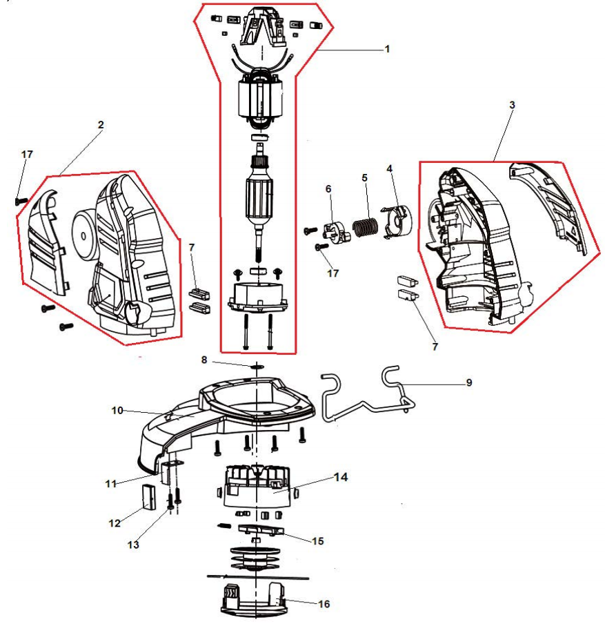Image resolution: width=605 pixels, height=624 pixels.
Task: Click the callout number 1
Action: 387,49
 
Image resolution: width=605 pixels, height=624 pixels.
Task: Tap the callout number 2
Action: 101,125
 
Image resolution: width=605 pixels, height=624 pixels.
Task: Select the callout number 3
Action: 512,104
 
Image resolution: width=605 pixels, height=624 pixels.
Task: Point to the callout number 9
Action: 469,382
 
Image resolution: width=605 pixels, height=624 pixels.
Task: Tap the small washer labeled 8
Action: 256,366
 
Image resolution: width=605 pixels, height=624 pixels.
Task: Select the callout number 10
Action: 117,410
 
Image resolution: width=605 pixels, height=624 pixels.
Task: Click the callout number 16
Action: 324,604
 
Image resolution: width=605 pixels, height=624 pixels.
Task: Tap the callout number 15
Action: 318,540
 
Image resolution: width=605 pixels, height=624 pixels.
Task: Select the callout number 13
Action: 133,545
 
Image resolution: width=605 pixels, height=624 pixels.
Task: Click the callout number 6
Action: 328,188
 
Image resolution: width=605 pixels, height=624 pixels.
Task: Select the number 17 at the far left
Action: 27,155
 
